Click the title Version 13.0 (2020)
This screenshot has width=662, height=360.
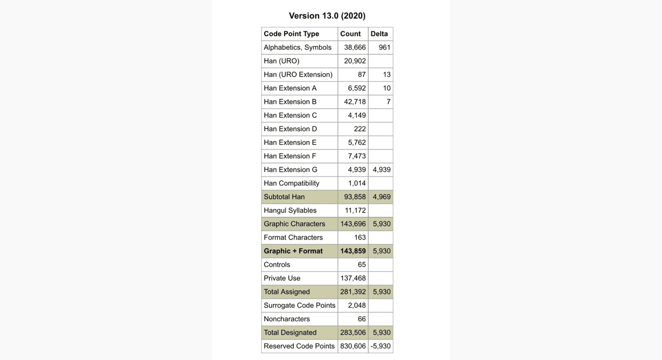(327, 16)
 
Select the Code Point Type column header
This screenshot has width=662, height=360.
(291, 34)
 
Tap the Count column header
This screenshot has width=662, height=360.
(350, 34)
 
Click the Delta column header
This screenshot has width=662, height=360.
(379, 34)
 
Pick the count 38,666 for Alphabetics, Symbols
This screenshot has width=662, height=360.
(355, 47)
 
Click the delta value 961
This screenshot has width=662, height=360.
(384, 47)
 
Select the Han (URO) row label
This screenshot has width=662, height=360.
(281, 61)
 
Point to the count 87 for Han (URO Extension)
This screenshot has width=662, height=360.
(362, 75)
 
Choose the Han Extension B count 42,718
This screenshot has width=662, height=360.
(355, 102)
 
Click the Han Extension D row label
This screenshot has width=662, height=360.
(290, 129)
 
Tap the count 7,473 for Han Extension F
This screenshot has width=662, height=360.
(357, 156)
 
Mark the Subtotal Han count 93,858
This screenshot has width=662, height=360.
(355, 197)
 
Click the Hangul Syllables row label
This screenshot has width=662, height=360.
(290, 210)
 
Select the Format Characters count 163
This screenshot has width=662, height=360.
(360, 237)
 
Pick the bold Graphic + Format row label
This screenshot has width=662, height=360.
(293, 251)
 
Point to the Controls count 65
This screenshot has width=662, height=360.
(362, 265)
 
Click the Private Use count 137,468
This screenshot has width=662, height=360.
(353, 278)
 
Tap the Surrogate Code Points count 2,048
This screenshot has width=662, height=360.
(357, 306)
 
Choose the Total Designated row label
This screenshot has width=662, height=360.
(290, 333)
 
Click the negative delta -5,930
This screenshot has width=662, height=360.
(381, 346)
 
